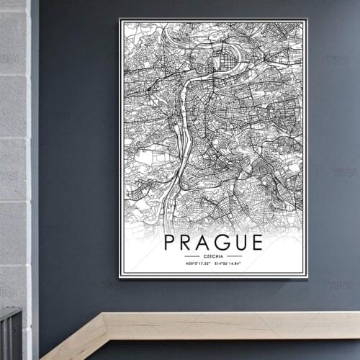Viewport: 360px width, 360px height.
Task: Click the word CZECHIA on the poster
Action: (213, 256)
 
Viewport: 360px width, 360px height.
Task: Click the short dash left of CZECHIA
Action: (192, 256)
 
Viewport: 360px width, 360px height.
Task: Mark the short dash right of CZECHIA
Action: (235, 256)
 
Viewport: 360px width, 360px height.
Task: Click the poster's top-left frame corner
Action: (120, 20)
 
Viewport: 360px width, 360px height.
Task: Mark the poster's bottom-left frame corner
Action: (120, 277)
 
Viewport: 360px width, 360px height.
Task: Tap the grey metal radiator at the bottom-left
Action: (11, 335)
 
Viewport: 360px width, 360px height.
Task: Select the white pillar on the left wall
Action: (14, 144)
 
